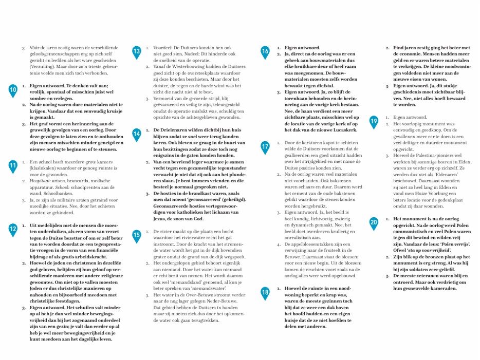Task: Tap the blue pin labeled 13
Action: (137, 51)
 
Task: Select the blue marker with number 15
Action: (137, 235)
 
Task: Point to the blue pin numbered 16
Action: (265, 51)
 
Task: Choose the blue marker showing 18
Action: (265, 292)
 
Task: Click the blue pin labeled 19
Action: (374, 121)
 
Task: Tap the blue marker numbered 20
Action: (374, 222)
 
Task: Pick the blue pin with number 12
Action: (13, 229)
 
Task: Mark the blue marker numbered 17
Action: (265, 146)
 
